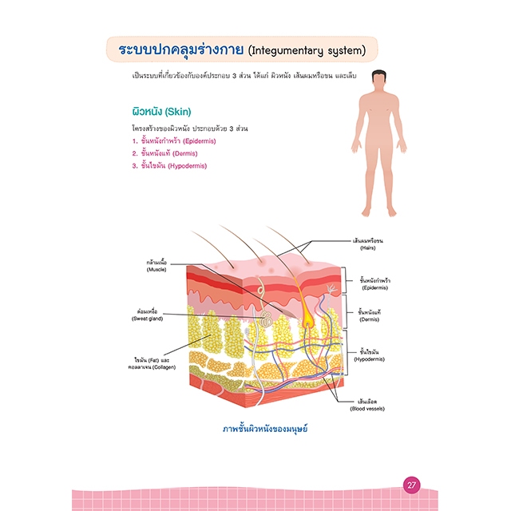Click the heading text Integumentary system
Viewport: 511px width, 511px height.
click(x=307, y=51)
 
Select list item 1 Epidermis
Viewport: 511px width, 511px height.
click(x=169, y=141)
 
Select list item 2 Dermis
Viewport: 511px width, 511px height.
click(x=164, y=153)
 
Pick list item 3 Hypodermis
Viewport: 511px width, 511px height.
click(x=169, y=165)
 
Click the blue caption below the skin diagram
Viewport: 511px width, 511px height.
click(x=265, y=430)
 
